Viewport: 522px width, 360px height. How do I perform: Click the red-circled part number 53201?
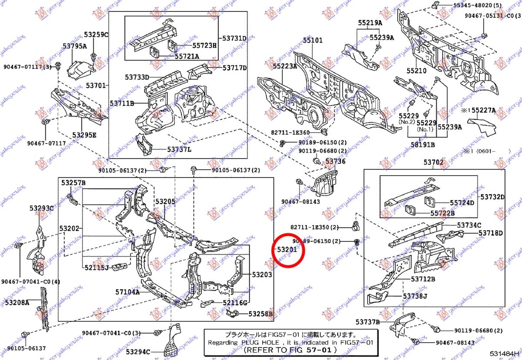click(287, 250)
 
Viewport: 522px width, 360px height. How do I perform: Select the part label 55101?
click(313, 40)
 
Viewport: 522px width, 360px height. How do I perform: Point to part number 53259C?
click(96, 34)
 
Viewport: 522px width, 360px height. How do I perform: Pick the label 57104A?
click(127, 292)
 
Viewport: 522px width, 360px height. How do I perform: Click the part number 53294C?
click(138, 351)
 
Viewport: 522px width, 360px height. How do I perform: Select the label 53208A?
click(17, 302)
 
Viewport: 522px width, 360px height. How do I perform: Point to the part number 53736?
click(335, 161)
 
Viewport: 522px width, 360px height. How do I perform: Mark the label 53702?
click(434, 163)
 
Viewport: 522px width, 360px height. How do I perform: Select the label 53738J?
click(415, 296)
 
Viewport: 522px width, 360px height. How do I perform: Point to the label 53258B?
click(261, 313)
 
